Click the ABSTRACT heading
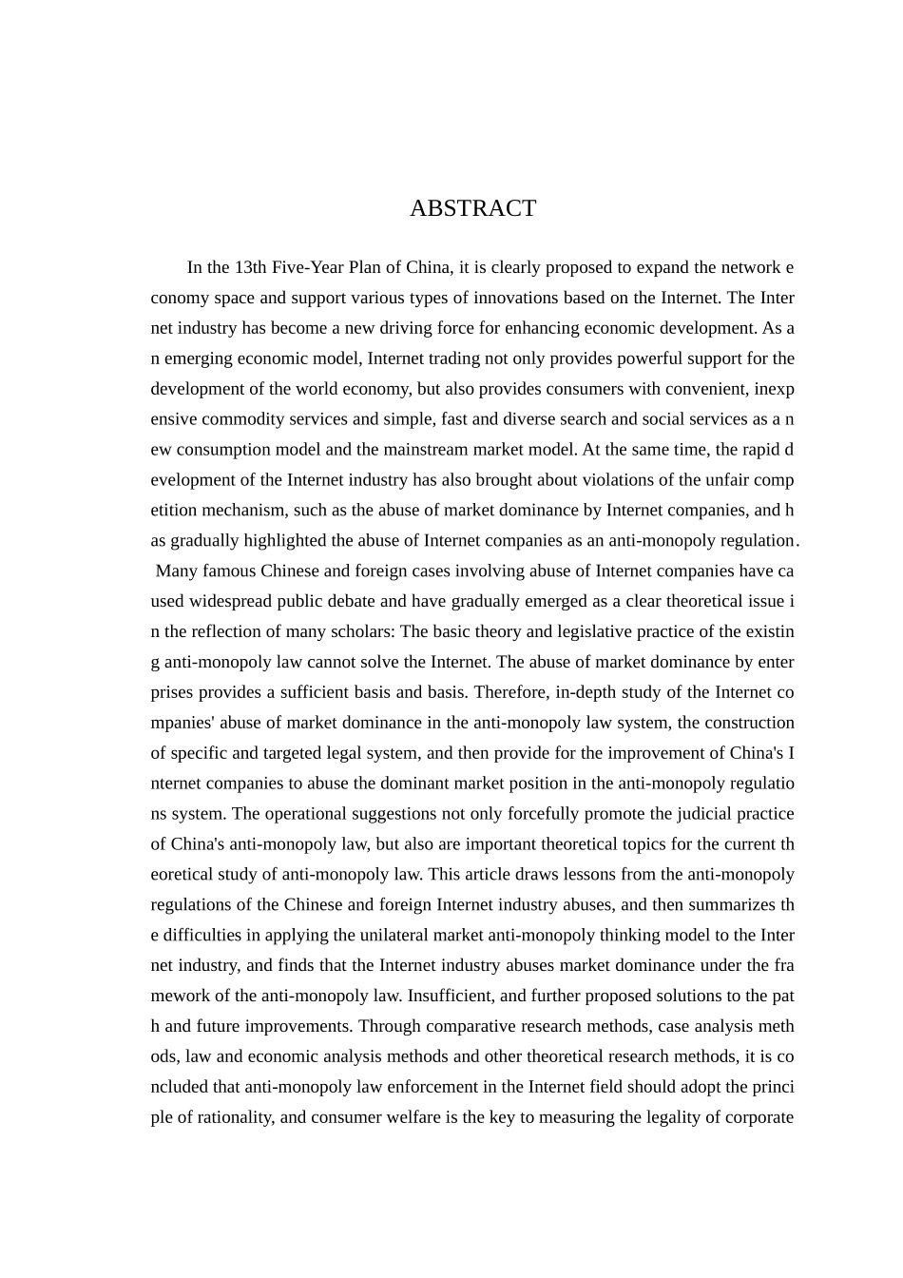[x=472, y=208]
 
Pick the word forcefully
[x=535, y=814]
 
